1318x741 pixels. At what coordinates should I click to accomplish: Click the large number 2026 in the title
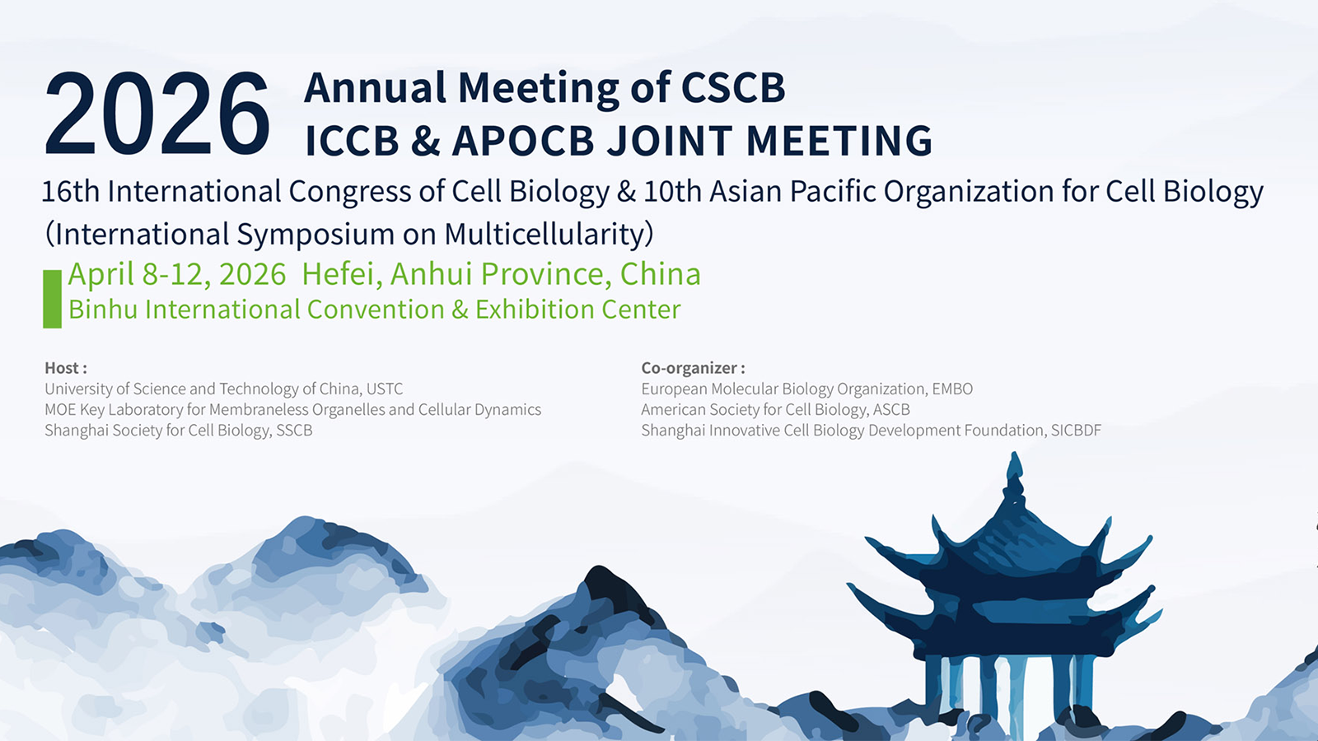[x=157, y=114]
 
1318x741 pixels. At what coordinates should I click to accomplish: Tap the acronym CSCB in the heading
[x=733, y=87]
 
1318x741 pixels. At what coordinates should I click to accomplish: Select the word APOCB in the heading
[x=523, y=141]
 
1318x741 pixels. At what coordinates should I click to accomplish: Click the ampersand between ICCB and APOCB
[x=425, y=141]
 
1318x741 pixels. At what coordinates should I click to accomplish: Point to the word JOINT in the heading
[x=671, y=141]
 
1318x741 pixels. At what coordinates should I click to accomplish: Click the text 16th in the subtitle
[x=71, y=191]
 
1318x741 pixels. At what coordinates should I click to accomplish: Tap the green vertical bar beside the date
[x=53, y=299]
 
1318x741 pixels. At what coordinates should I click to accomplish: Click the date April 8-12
[x=139, y=274]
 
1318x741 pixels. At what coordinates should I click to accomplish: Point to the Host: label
[x=66, y=367]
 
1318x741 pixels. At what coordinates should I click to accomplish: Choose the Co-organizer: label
[x=693, y=367]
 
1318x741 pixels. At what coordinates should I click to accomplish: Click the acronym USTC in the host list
[x=385, y=389]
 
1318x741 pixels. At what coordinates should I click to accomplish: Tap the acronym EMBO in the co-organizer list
[x=952, y=389]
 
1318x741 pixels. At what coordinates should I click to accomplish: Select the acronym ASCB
[x=892, y=409]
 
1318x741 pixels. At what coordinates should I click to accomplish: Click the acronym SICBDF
[x=1076, y=430]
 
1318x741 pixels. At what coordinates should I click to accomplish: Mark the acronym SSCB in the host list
[x=294, y=430]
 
